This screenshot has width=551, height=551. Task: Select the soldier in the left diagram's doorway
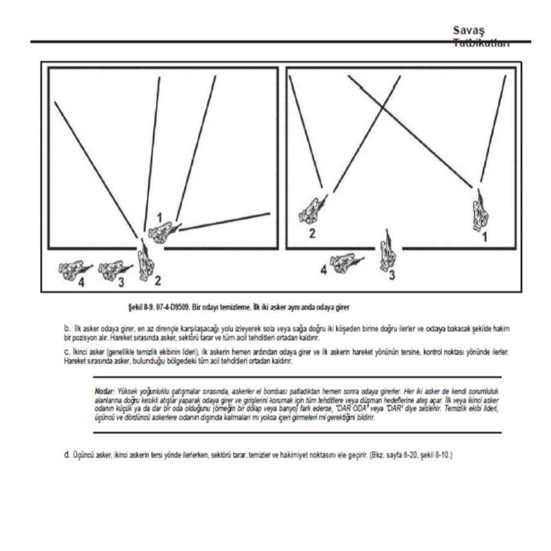coord(145,258)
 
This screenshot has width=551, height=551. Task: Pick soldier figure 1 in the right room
coord(481,209)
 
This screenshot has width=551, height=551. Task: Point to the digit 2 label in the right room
coord(312,233)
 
